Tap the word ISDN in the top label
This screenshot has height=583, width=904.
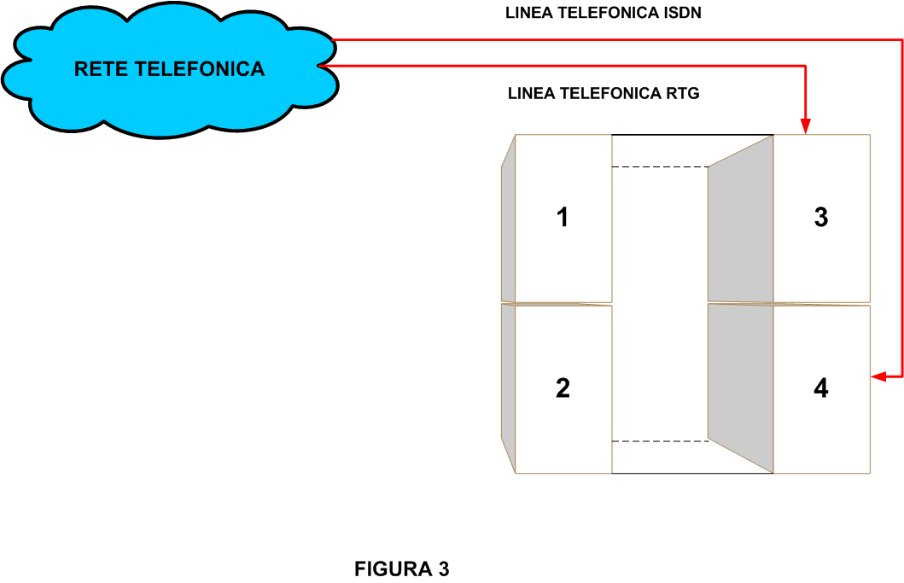pyautogui.click(x=682, y=14)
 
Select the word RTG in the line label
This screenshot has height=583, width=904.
pyautogui.click(x=683, y=93)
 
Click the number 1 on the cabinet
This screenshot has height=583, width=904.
pyautogui.click(x=562, y=218)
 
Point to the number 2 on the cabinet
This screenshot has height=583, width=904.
pyautogui.click(x=562, y=388)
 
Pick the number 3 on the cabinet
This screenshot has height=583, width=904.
pyautogui.click(x=820, y=218)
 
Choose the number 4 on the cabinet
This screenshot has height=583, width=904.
pyautogui.click(x=820, y=388)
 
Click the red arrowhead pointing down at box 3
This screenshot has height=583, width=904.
pyautogui.click(x=805, y=127)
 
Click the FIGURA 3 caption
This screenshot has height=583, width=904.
pyautogui.click(x=401, y=569)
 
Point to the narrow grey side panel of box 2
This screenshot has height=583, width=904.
pyautogui.click(x=508, y=384)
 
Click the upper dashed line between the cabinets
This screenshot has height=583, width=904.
pyautogui.click(x=660, y=167)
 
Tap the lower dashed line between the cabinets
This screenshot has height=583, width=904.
pyautogui.click(x=660, y=441)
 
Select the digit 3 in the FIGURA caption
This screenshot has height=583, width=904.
pyautogui.click(x=443, y=569)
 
